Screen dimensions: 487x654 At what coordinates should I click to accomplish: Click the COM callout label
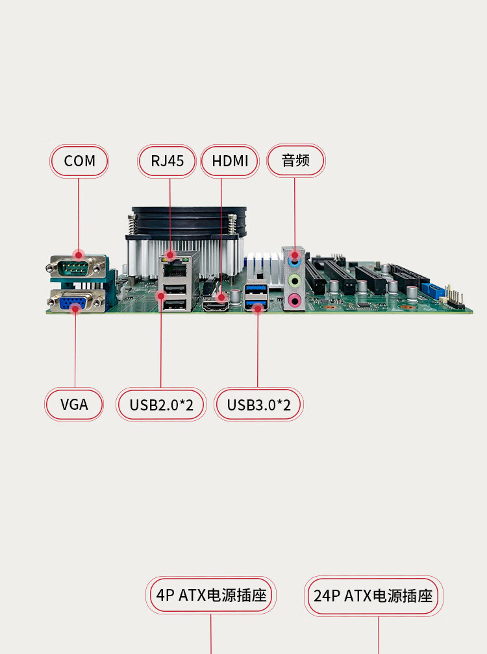79,161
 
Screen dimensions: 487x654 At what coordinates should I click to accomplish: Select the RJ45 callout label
167,161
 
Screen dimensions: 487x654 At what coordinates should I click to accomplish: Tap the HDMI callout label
230,161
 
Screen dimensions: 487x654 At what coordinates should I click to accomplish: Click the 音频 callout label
295,160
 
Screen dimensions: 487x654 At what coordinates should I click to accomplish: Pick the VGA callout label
74,404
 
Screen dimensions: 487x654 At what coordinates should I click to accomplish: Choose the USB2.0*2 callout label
162,405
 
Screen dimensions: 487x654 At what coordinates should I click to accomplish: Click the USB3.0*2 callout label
258,405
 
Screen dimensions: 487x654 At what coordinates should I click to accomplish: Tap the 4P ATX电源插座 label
211,595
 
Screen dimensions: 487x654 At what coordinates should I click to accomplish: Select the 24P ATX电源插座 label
373,596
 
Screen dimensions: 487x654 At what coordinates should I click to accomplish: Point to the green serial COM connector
77,267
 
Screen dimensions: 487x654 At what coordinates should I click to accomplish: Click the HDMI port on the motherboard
216,306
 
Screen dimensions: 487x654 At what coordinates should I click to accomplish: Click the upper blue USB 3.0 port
256,289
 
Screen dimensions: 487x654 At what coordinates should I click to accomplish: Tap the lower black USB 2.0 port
174,305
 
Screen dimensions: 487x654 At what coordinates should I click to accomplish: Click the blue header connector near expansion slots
432,290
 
